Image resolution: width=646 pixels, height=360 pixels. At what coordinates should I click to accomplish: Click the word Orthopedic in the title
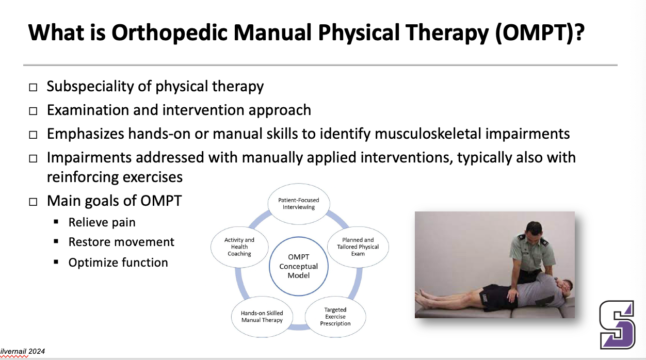(170, 33)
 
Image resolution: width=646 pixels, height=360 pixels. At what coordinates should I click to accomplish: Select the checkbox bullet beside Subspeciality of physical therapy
(33, 87)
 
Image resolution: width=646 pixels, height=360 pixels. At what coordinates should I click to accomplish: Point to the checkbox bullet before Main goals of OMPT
(33, 202)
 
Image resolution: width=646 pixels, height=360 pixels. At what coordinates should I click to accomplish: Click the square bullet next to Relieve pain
(56, 222)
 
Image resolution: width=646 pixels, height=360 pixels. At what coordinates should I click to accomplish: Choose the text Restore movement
(121, 242)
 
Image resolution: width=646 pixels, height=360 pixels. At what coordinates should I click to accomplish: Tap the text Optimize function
(118, 263)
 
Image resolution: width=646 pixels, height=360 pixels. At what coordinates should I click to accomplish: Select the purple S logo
(617, 324)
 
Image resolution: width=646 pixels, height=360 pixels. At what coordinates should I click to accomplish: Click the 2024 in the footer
(37, 351)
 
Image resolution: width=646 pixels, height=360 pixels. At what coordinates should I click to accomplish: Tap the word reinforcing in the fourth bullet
(83, 177)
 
